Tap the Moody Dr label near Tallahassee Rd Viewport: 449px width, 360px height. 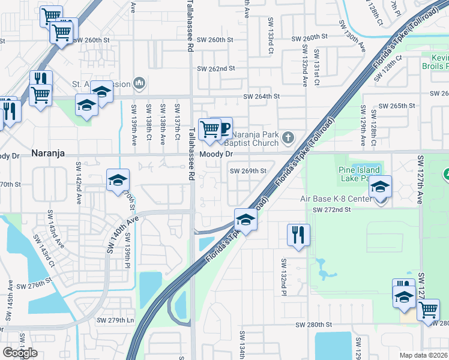coord(216,154)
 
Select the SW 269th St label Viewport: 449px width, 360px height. coord(249,171)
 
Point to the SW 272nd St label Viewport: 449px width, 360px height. coord(331,210)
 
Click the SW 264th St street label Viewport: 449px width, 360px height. coord(262,96)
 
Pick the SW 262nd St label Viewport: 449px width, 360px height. coord(216,68)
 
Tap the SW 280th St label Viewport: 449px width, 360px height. coord(313,325)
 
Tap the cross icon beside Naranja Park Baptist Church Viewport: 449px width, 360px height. coord(288,138)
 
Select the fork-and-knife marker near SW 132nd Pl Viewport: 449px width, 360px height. coord(298,235)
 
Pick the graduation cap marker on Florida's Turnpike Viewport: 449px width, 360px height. coord(246,220)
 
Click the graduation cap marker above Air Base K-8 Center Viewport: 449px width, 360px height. coord(381,187)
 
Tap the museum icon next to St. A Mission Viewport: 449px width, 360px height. coord(139,82)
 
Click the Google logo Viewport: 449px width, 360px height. coord(20,353)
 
